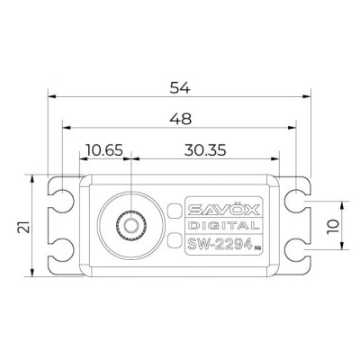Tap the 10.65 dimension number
(x=104, y=148)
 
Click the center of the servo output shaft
(x=131, y=223)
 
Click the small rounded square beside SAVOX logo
(x=174, y=209)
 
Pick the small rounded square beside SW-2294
(x=174, y=240)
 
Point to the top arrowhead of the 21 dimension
(x=36, y=179)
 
